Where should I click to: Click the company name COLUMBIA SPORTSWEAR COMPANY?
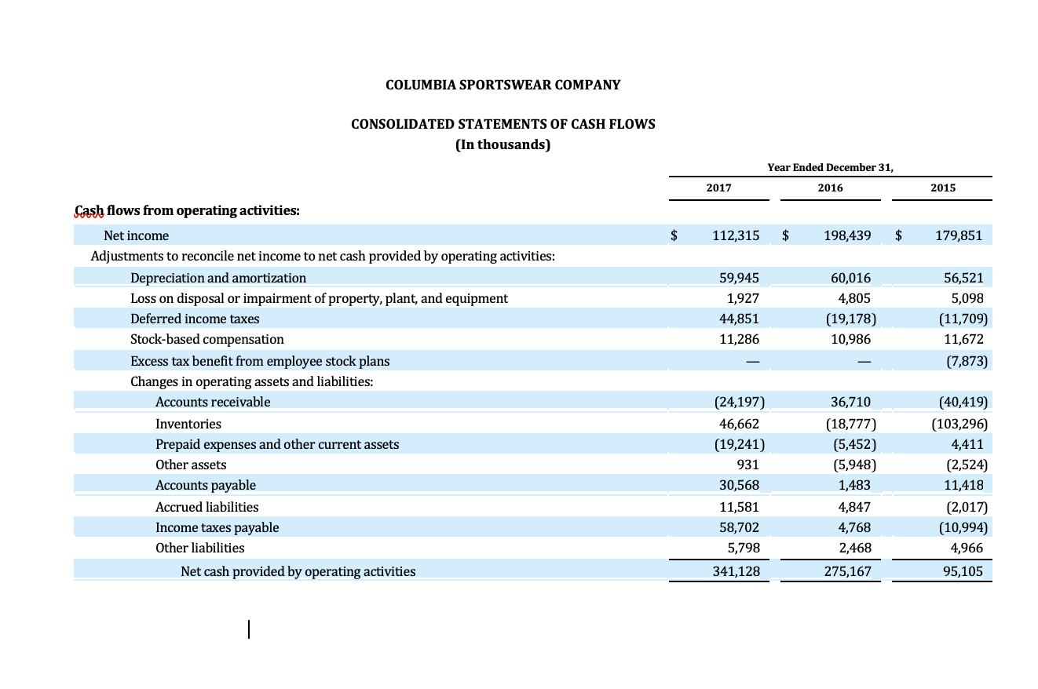pyautogui.click(x=503, y=85)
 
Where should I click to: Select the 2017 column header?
pyautogui.click(x=718, y=188)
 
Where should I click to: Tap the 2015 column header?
pyautogui.click(x=943, y=188)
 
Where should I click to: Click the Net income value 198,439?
pyautogui.click(x=847, y=235)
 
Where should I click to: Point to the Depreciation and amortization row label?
pyautogui.click(x=218, y=278)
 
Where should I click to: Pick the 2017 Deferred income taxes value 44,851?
pyautogui.click(x=739, y=319)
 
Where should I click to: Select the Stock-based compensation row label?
pyautogui.click(x=207, y=339)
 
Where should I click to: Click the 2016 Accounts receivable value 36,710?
pyautogui.click(x=850, y=402)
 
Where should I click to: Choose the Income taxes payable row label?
pyautogui.click(x=217, y=527)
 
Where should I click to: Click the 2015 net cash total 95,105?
pyautogui.click(x=963, y=571)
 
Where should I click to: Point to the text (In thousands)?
pyautogui.click(x=503, y=145)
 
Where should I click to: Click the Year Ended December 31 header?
pyautogui.click(x=830, y=167)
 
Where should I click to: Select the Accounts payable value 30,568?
pyautogui.click(x=739, y=485)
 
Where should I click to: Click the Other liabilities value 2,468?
pyautogui.click(x=855, y=548)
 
